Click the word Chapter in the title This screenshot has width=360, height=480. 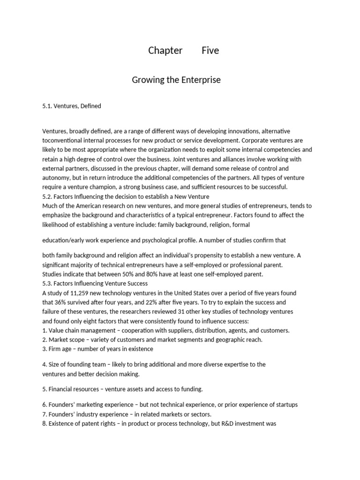(x=165, y=51)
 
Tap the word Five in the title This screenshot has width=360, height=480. (x=210, y=51)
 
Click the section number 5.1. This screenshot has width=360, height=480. (x=48, y=106)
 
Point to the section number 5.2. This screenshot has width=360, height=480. (x=48, y=196)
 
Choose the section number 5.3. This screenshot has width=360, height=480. (x=48, y=283)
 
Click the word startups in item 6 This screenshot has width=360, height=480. (x=286, y=405)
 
